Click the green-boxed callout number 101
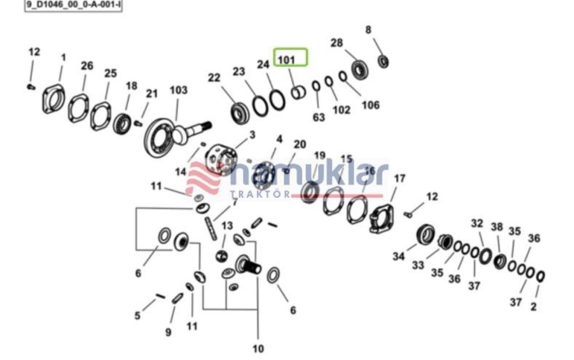[287, 60]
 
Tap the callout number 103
[178, 90]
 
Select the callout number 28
[336, 43]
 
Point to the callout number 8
[368, 30]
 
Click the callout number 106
[371, 105]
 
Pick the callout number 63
[319, 117]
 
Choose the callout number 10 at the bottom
[258, 349]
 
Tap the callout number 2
[533, 306]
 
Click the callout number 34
[398, 256]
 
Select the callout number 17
[400, 178]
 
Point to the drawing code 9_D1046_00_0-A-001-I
[74, 4]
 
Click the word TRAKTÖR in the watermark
[260, 194]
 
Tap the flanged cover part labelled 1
[54, 99]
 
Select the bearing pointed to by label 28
[360, 70]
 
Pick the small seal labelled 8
[383, 62]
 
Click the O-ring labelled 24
[277, 100]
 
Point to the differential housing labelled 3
[222, 159]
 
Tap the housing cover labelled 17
[382, 218]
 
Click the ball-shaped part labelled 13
[221, 256]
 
